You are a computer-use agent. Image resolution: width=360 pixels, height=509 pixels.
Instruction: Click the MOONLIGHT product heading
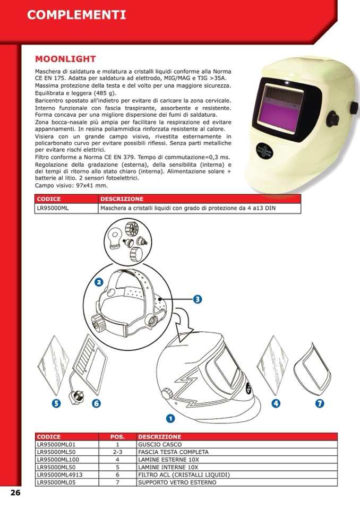pos(65,59)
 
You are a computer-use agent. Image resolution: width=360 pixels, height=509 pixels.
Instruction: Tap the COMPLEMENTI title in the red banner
pos(76,15)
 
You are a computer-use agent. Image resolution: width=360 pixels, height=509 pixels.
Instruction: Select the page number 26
pos(15,493)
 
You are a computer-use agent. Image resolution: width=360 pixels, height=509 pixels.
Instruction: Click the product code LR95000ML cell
pos(66,209)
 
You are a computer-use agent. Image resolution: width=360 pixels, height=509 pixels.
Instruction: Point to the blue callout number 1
pos(170,418)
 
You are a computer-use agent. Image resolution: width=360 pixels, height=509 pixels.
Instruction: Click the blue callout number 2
pos(99,282)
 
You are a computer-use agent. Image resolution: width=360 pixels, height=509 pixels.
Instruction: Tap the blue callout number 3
pos(198,299)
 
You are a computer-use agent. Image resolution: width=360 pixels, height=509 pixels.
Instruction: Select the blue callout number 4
pos(276,403)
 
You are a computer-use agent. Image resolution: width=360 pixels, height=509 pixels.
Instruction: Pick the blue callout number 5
pos(56,403)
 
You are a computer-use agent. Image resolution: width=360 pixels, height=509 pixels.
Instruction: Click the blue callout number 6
pos(96,403)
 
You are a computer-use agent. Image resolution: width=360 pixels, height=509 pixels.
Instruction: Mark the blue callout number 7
pos(320,403)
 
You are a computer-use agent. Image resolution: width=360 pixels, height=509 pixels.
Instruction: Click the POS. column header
pos(117,437)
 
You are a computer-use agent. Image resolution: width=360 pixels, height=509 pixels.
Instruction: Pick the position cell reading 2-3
pos(117,452)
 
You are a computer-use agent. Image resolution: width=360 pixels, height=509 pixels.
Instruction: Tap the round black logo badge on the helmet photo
pos(264,151)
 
